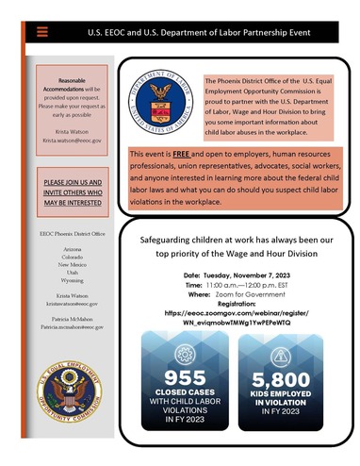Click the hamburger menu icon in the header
(x=41, y=31)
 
